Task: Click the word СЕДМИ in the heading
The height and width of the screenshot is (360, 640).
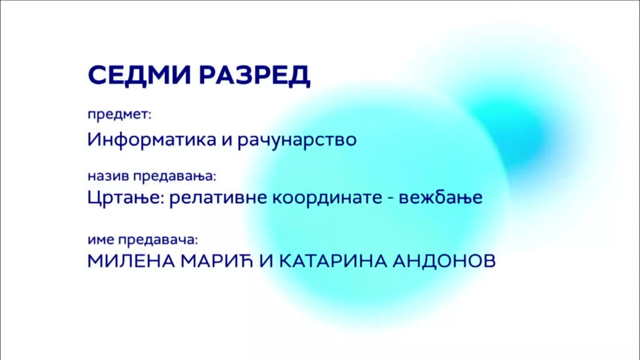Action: [139, 75]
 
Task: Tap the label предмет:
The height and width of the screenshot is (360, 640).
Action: [119, 115]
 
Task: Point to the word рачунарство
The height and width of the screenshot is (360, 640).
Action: [297, 140]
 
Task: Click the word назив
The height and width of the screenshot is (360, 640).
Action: [108, 176]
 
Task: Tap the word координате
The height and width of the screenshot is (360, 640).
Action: [328, 198]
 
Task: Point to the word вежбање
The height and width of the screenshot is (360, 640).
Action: [441, 198]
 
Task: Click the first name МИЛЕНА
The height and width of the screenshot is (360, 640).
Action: [131, 261]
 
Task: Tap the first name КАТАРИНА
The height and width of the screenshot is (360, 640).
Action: [333, 261]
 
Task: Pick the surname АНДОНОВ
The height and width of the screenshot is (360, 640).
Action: [444, 261]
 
